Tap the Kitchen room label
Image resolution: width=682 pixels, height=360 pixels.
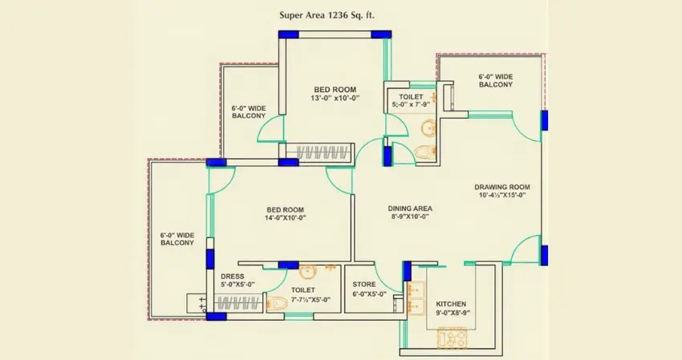[x=451, y=305]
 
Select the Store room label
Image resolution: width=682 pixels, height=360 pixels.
[x=365, y=284]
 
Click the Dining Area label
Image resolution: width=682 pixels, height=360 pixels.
[x=411, y=206]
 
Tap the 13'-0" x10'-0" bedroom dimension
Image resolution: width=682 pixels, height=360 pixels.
[x=335, y=98]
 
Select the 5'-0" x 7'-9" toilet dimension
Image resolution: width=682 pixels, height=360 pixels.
[x=412, y=104]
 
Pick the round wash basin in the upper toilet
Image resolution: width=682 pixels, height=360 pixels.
[x=428, y=127]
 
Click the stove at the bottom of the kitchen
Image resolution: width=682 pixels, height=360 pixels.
[x=451, y=338]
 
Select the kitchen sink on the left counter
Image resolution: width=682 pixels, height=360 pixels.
[x=416, y=296]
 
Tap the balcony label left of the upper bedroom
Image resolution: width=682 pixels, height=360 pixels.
[x=249, y=111]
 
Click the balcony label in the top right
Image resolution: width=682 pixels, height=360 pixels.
[x=496, y=81]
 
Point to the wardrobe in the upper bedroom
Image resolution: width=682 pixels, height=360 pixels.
[x=321, y=152]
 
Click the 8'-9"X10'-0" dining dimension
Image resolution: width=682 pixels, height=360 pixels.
[x=411, y=216]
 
